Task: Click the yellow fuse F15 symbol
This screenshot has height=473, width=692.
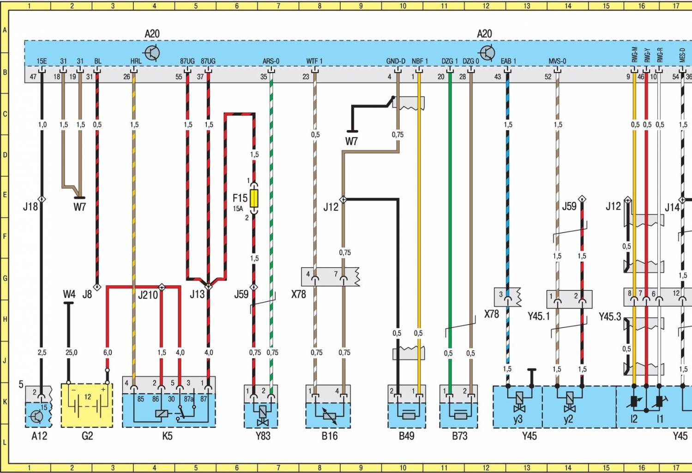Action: (254, 198)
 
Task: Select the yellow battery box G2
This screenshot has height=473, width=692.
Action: (87, 405)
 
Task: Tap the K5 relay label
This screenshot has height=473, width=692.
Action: (167, 436)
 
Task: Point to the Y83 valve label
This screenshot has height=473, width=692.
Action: (263, 436)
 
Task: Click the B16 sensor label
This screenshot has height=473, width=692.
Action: (329, 436)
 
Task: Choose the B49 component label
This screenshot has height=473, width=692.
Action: (406, 436)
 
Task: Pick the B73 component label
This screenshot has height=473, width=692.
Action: (459, 436)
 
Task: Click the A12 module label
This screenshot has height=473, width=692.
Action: (39, 436)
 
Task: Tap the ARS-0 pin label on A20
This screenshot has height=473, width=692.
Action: (271, 61)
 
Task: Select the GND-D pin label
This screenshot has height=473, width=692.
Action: (396, 61)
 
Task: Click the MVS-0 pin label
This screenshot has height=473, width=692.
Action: (557, 61)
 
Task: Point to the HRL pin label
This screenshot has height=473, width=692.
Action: (136, 61)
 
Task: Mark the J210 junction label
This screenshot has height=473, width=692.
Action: (148, 295)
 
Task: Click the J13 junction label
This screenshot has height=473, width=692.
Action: (197, 294)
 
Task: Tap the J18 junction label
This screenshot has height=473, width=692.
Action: (30, 206)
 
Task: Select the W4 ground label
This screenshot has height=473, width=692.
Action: (69, 294)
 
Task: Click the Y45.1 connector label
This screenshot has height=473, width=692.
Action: (539, 317)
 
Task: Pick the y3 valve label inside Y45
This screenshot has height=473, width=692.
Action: (517, 419)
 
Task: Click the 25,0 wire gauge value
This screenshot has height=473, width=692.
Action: (71, 353)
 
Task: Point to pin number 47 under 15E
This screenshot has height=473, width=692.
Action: (33, 77)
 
